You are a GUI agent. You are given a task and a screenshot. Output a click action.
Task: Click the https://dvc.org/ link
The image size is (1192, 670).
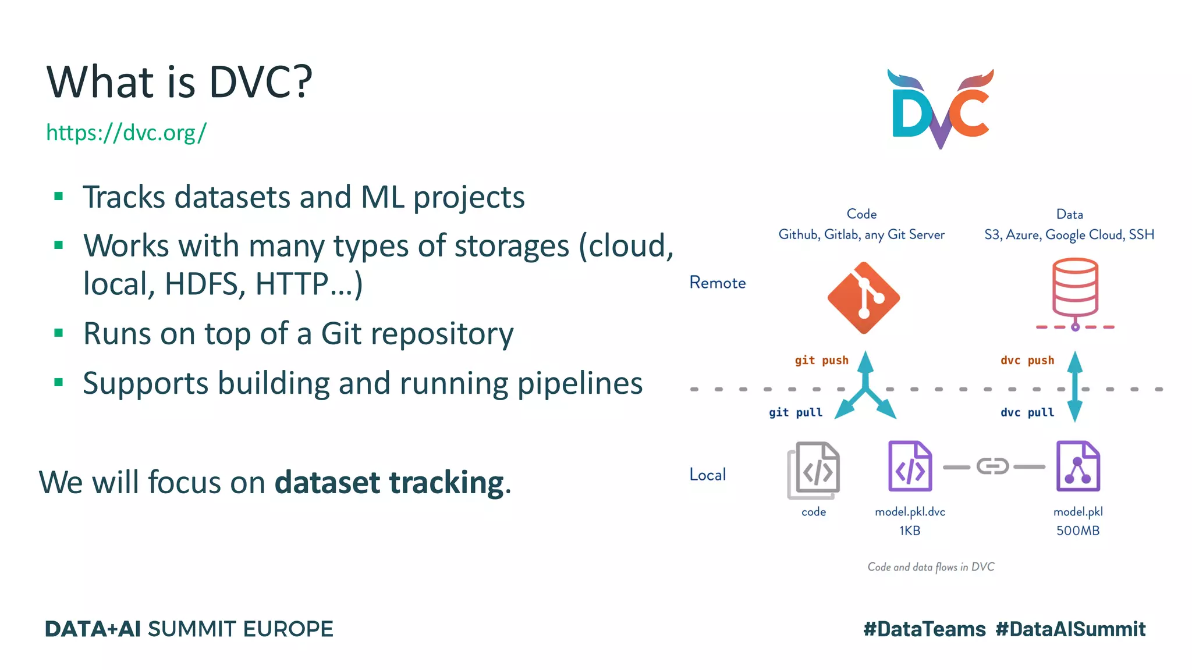(x=126, y=133)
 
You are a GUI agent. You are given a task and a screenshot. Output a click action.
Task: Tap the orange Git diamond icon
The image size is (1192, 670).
(x=864, y=298)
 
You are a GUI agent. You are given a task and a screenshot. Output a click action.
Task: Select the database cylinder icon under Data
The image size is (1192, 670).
(x=1075, y=289)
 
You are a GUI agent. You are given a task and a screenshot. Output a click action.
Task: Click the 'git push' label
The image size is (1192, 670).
(x=821, y=361)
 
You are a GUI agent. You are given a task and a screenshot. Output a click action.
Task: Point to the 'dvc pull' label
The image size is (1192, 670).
(x=1027, y=413)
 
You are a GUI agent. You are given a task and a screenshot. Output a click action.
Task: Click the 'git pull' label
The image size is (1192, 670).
(x=795, y=413)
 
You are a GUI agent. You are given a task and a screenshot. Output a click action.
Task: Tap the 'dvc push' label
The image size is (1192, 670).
(x=1027, y=361)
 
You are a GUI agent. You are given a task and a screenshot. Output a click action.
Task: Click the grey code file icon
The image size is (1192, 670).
(x=814, y=471)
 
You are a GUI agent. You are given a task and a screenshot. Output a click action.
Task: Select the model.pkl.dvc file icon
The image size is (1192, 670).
(x=910, y=466)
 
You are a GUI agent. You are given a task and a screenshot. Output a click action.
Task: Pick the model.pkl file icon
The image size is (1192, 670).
(x=1078, y=466)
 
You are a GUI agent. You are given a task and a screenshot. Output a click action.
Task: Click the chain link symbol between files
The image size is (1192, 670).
(x=993, y=466)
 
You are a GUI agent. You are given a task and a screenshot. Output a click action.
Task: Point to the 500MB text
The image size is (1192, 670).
(x=1078, y=530)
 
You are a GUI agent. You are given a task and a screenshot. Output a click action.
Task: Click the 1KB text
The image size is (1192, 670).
(x=910, y=530)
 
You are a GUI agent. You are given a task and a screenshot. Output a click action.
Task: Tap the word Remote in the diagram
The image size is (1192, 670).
(x=717, y=283)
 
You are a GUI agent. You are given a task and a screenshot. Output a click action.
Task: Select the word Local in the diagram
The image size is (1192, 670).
(x=707, y=475)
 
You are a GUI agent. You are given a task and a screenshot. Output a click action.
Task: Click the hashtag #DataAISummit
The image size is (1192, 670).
(x=1070, y=629)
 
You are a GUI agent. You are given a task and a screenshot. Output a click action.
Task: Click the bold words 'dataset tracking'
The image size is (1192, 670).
(x=389, y=483)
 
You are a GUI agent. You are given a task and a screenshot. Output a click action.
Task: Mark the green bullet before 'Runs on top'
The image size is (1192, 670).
(x=58, y=333)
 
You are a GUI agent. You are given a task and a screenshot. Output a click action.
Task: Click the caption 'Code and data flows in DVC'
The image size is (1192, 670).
(x=931, y=567)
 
